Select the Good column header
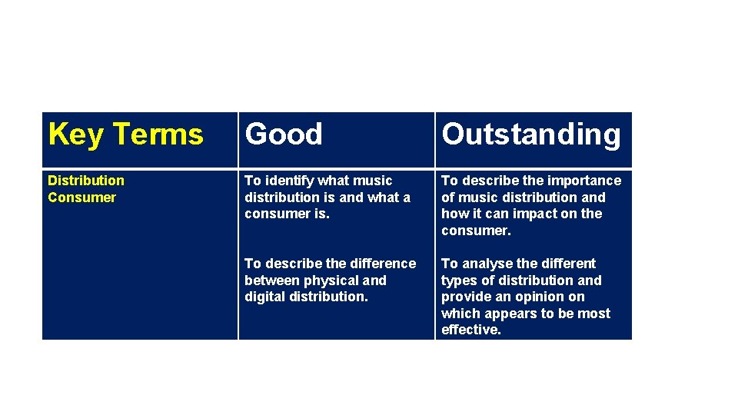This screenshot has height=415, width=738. pyautogui.click(x=284, y=134)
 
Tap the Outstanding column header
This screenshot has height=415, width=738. pyautogui.click(x=530, y=134)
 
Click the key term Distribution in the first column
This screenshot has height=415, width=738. pyautogui.click(x=85, y=181)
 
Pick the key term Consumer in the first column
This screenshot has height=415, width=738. pyautogui.click(x=81, y=198)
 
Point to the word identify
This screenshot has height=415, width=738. pyautogui.click(x=288, y=181)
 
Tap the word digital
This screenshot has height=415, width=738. pyautogui.click(x=263, y=297)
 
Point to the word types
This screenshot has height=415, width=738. pyautogui.click(x=458, y=281)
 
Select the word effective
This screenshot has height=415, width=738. pyautogui.click(x=470, y=330)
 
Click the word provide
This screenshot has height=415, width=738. pyautogui.click(x=464, y=297)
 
